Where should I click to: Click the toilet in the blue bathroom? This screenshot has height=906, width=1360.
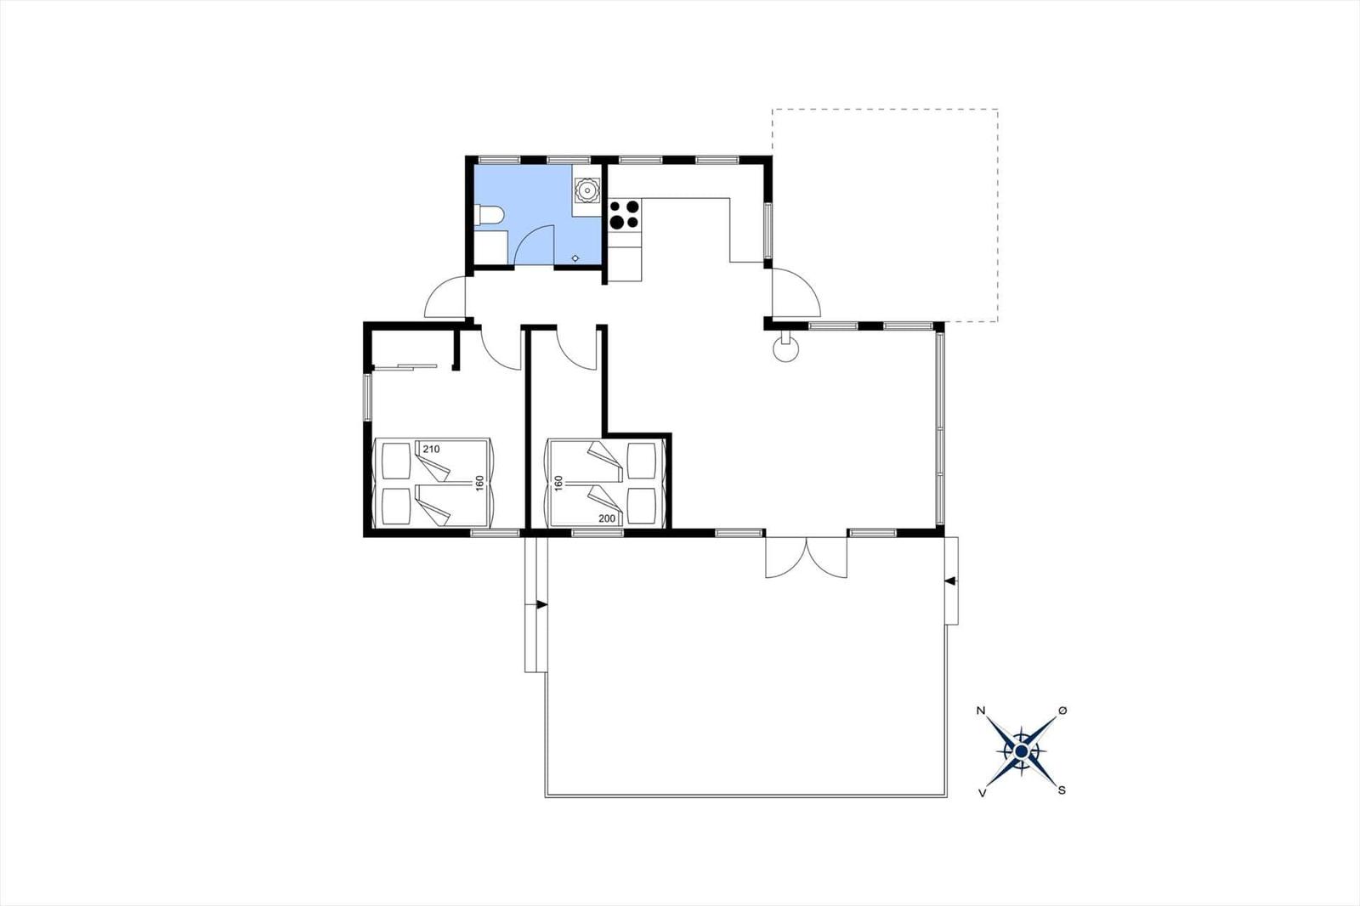pos(490,216)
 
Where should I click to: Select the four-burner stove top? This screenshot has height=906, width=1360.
pos(625,214)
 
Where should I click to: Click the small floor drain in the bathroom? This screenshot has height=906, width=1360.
pos(575,258)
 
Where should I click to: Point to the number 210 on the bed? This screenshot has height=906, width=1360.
pos(431,450)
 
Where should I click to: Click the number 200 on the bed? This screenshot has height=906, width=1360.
pos(607,518)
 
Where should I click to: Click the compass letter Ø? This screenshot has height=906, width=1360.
pos(1062,710)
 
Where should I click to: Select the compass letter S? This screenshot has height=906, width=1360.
pos(1062,790)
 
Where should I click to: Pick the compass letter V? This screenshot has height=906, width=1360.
pos(982,793)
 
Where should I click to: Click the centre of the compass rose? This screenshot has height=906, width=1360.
pos(1021,752)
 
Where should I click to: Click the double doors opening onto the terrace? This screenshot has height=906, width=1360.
pos(807,557)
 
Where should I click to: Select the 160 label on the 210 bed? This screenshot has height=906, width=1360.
pos(479,484)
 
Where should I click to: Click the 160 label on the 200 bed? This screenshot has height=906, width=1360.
pos(558,484)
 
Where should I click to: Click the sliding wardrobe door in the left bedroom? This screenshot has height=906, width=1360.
pos(405,366)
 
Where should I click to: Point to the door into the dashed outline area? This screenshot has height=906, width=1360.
pos(796,292)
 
